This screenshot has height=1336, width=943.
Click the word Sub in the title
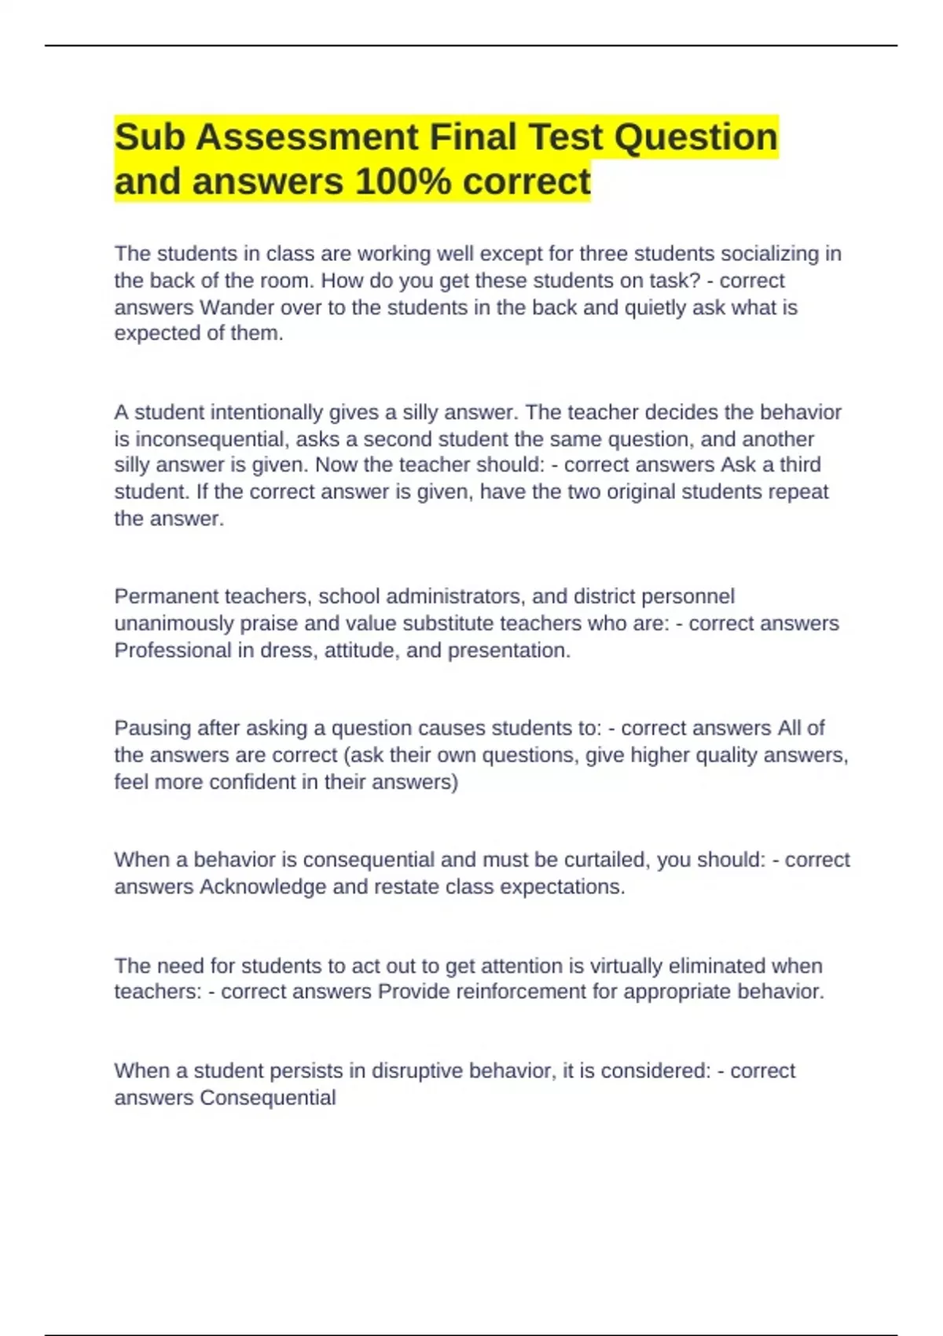click(x=149, y=138)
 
